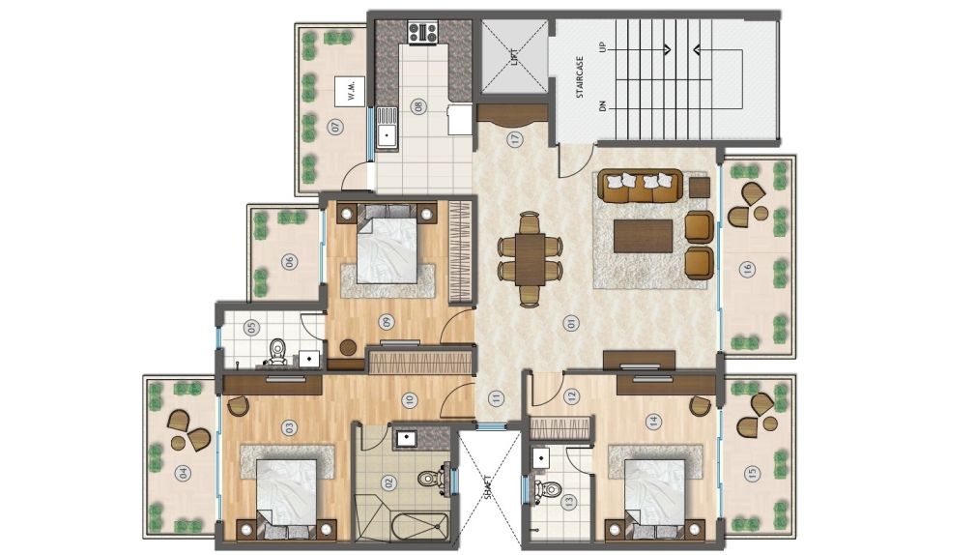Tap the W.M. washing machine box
(x=350, y=92)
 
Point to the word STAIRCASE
(x=580, y=77)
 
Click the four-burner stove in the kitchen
(x=422, y=32)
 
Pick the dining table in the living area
(x=530, y=259)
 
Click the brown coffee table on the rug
(x=643, y=236)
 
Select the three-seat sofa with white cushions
(x=641, y=186)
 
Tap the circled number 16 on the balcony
(x=747, y=270)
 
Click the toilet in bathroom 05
(x=276, y=352)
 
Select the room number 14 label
(x=653, y=422)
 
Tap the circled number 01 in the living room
(x=570, y=323)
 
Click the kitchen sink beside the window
(x=388, y=128)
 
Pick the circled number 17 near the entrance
(x=515, y=139)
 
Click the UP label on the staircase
(x=602, y=47)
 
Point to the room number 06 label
(x=289, y=262)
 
